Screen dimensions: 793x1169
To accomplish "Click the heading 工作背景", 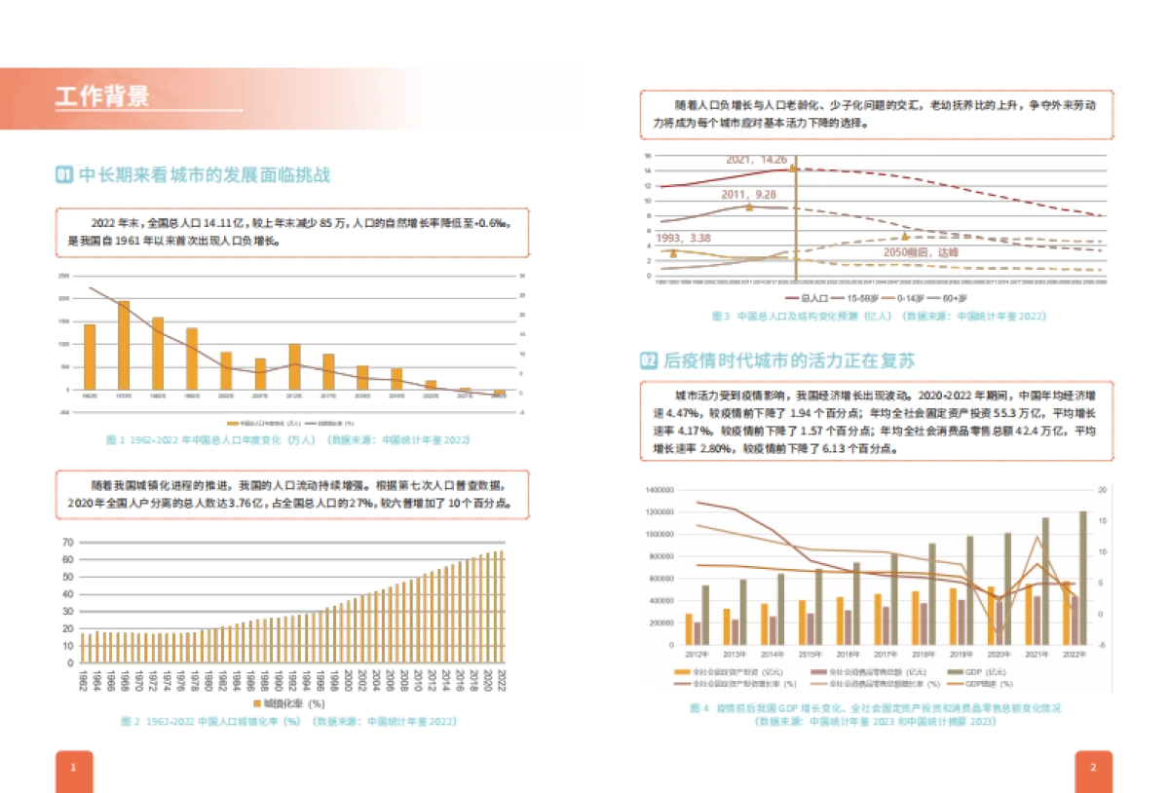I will [x=102, y=96].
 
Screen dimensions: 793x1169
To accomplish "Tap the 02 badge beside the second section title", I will [x=648, y=360].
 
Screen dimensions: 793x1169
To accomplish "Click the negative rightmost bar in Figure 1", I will [x=500, y=393].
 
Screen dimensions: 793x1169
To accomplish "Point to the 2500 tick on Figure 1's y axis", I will [x=63, y=276].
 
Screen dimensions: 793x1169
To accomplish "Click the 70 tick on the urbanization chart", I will [x=68, y=542].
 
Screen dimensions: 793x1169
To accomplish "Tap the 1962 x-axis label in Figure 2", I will [x=84, y=679].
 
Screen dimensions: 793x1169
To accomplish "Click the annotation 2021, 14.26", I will [x=756, y=159].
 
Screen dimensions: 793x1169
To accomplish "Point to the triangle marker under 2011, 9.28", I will [x=749, y=207].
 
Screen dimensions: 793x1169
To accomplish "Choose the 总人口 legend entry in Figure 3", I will [x=808, y=298].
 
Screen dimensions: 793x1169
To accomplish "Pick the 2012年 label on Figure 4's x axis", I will [x=697, y=654].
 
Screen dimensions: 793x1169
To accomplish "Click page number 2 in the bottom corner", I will [x=1093, y=768].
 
